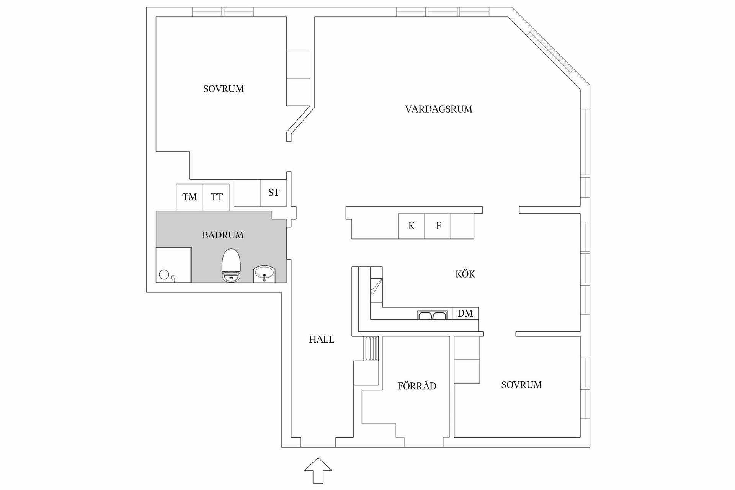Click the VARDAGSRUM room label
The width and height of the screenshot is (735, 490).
(438, 109)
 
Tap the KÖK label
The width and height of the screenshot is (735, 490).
(465, 274)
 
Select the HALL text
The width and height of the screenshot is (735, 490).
(322, 340)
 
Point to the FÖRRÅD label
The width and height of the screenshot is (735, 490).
(416, 386)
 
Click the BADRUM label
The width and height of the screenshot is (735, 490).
(223, 235)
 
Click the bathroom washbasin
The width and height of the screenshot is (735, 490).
(264, 274)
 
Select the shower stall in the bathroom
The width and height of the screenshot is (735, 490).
(173, 265)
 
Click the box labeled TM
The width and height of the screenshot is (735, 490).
(189, 197)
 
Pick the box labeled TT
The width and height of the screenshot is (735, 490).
(216, 197)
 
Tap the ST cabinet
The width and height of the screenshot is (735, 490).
(273, 193)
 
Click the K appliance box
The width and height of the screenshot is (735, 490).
(411, 226)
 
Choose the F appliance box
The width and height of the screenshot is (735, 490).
(438, 226)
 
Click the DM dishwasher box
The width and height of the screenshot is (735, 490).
(465, 313)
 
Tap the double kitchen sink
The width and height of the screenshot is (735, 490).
(432, 315)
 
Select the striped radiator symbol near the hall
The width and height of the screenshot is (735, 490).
(371, 348)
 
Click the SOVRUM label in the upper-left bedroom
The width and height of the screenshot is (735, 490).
(224, 89)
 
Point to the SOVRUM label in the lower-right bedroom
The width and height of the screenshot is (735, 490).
(521, 385)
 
